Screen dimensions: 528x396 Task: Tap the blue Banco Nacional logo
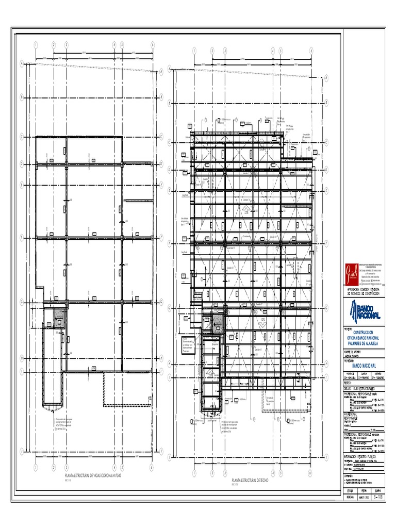pyautogui.click(x=364, y=311)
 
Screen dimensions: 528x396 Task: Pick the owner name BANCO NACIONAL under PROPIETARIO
pyautogui.click(x=365, y=365)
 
